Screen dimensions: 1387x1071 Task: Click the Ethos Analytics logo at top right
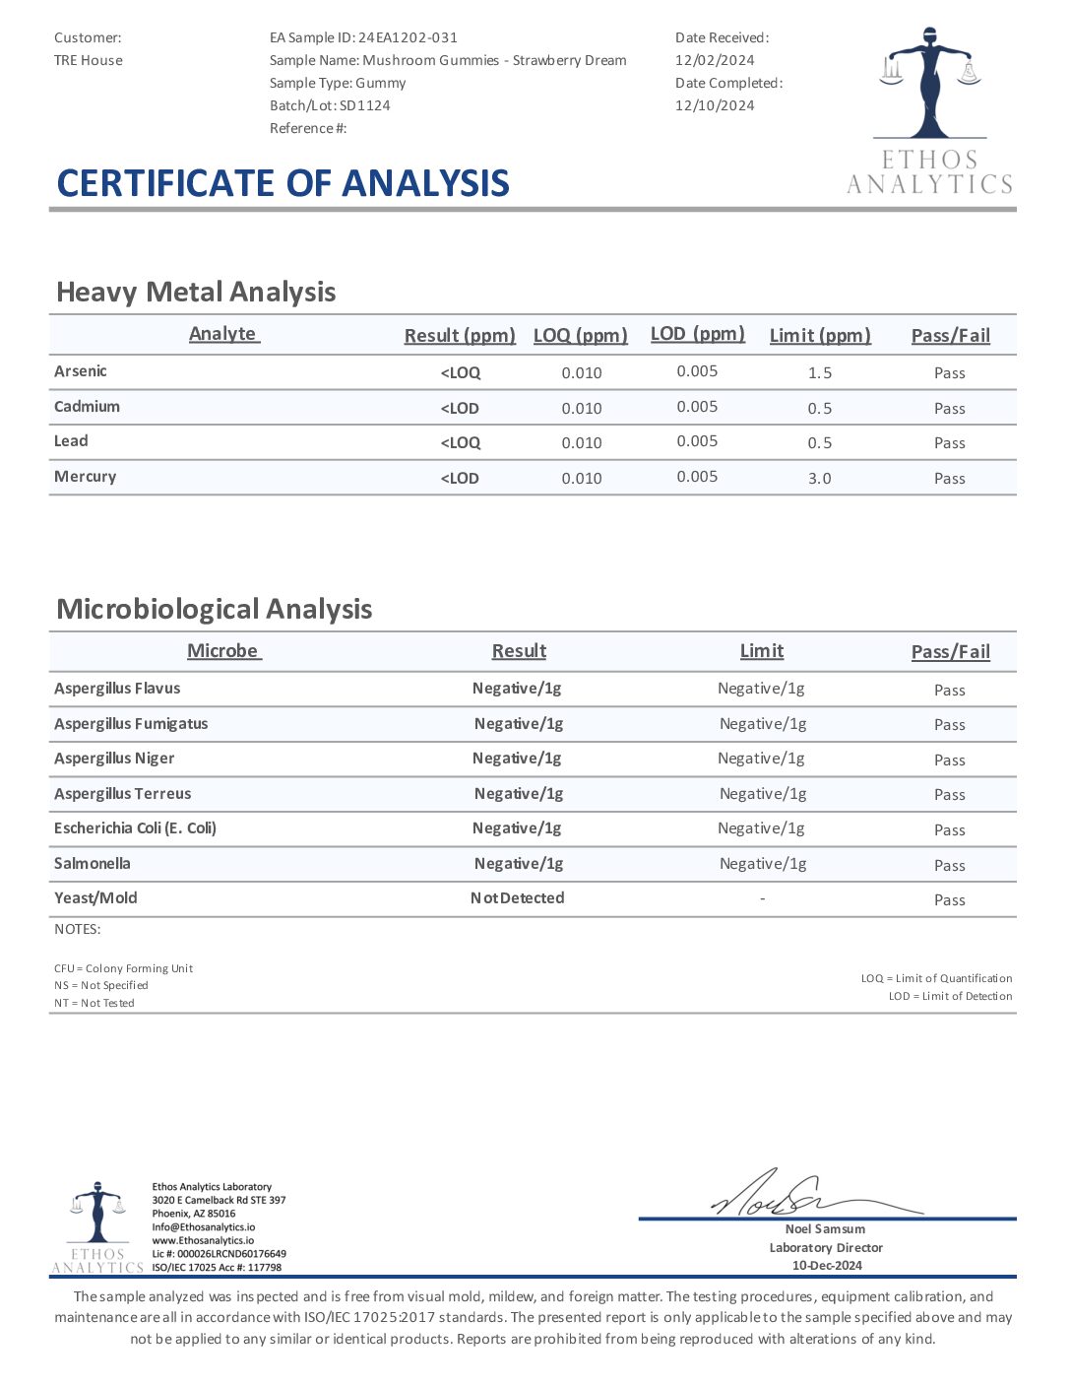929,110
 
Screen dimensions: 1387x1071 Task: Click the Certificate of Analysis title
283,183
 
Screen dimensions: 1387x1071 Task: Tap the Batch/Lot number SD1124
364,105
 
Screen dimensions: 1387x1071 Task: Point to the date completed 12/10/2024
715,105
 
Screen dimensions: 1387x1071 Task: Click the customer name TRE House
89,60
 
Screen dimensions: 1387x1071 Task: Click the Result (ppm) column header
460,335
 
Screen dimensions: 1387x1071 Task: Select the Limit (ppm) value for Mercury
819,478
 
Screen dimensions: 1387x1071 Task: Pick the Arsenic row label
81,371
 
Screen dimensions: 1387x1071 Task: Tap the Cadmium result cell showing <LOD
460,408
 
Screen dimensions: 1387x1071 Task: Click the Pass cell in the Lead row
949,443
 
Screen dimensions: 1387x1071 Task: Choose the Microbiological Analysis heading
215,609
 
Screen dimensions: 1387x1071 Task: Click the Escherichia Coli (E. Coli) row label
135,828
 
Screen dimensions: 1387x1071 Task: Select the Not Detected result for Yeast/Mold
517,898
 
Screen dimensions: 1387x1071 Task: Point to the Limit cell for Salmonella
763,864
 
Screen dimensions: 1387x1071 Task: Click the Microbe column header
223,651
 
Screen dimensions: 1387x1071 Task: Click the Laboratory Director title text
826,1247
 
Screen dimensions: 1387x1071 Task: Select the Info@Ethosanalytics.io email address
203,1227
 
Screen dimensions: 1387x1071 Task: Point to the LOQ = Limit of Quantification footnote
936,978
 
